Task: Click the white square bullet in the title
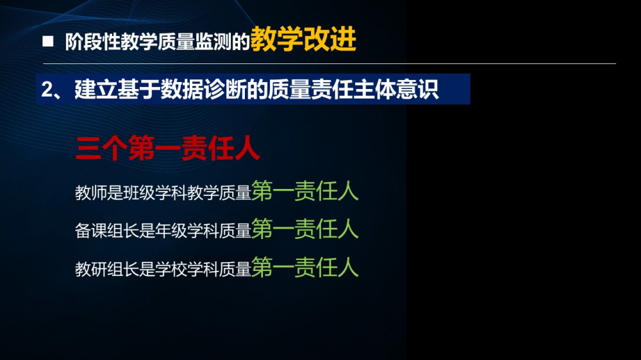(48, 41)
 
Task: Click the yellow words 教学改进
(303, 39)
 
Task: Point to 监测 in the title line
(213, 42)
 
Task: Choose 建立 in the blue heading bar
(96, 89)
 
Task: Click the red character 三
(88, 149)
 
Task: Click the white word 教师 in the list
(91, 193)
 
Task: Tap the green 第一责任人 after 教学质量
(305, 191)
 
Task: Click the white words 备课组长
(106, 231)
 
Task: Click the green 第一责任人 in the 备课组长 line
(305, 229)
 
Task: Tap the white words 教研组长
(106, 269)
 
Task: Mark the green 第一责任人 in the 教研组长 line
(305, 267)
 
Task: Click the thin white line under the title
(329, 64)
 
